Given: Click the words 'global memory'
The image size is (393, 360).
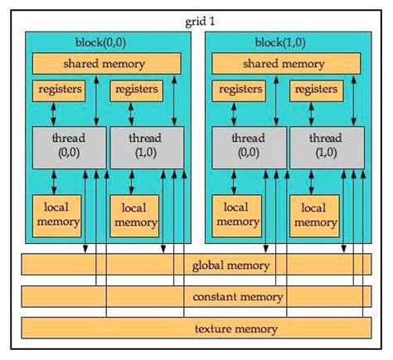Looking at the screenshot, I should click(x=230, y=265).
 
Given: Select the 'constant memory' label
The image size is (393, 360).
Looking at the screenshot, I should click(x=238, y=296).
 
